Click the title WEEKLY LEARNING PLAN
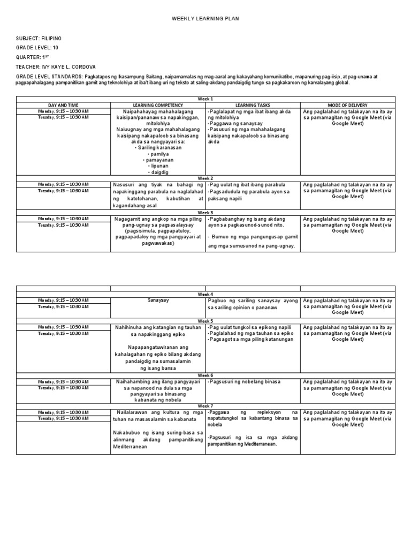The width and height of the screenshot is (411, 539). click(205, 19)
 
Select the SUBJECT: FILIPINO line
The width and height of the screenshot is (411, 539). click(39, 39)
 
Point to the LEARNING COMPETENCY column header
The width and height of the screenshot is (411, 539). click(157, 105)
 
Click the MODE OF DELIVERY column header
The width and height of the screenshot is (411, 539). click(347, 105)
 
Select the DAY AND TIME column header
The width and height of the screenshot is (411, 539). click(63, 105)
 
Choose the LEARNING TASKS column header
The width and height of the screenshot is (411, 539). click(253, 105)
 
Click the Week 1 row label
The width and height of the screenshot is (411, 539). click(205, 99)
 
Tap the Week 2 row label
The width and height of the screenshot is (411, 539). click(205, 178)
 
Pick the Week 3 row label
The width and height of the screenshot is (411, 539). click(205, 213)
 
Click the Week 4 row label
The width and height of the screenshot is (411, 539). click(205, 294)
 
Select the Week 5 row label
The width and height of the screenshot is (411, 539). click(205, 321)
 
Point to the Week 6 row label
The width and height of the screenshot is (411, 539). click(205, 376)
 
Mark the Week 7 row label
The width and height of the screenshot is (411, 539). click(205, 406)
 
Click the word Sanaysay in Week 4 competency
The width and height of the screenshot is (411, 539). click(158, 301)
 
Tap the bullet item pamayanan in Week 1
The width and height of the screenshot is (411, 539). click(157, 160)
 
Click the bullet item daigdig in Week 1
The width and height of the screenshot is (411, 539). click(157, 173)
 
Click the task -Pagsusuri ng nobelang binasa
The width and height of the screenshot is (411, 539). click(244, 382)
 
